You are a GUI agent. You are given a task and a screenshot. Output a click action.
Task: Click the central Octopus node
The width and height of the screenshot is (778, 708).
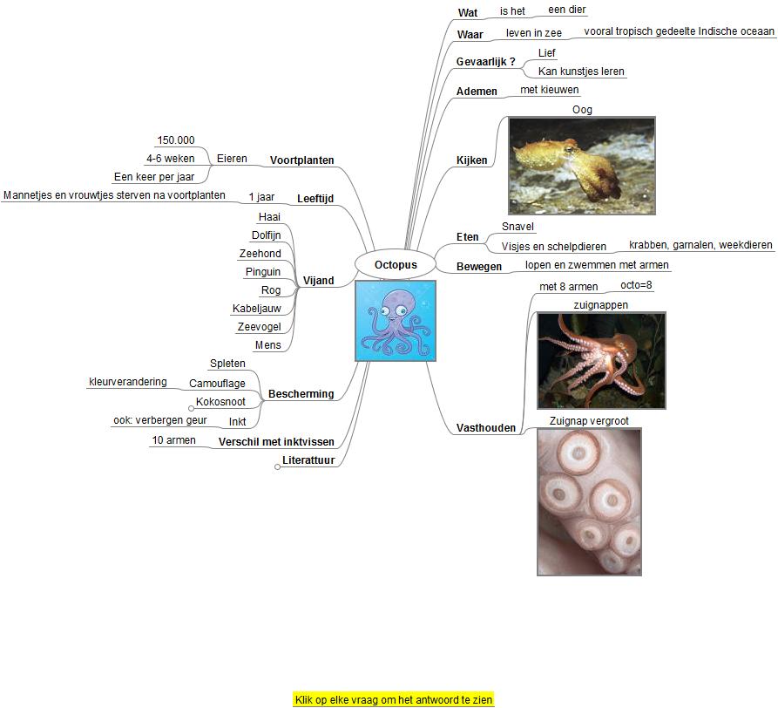396,264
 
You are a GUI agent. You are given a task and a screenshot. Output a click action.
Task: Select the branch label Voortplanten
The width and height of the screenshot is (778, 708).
302,160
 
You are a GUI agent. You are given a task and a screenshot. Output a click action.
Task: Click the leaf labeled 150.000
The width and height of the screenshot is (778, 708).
175,140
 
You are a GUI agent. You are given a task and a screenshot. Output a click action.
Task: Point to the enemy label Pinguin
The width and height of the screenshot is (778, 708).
263,272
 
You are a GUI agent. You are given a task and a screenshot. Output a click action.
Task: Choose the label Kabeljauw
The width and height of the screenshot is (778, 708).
257,309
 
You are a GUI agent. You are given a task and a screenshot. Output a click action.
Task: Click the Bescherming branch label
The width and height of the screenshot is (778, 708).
301,394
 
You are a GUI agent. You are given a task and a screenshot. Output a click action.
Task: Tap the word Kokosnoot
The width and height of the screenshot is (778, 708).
220,402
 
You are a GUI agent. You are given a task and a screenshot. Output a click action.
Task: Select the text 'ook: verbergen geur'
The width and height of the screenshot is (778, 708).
160,420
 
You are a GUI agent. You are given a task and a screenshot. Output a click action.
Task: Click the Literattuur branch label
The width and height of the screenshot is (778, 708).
308,460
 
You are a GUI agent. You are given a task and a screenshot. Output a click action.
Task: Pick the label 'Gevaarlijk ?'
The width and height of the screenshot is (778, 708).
486,62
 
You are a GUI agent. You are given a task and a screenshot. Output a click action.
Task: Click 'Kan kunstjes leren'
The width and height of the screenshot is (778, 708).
581,71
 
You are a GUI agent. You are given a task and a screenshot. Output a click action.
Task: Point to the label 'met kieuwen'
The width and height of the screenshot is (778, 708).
550,90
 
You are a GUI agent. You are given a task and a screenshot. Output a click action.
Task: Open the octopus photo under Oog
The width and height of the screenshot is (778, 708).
581,166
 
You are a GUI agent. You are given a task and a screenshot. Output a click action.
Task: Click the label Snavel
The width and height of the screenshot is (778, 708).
518,227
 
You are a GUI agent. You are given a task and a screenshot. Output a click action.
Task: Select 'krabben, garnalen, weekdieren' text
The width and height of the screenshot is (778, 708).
700,245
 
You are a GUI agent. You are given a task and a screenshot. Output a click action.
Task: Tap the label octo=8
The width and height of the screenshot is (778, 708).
636,285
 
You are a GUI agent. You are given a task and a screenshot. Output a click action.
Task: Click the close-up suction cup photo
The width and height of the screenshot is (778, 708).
589,501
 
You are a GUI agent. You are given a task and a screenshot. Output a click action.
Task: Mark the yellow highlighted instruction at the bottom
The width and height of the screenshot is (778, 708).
394,699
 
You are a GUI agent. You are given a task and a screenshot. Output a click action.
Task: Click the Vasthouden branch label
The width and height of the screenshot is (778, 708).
486,428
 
